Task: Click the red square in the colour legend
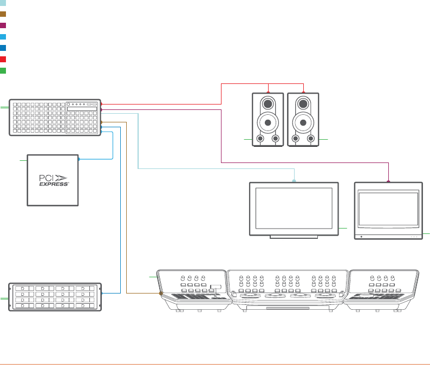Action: tap(3, 58)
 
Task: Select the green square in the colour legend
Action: tap(3, 70)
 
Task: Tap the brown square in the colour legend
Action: tap(3, 14)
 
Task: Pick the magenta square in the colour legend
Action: tap(3, 25)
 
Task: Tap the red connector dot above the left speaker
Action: tap(269, 93)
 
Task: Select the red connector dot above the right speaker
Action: tap(304, 93)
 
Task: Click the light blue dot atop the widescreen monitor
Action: tap(295, 181)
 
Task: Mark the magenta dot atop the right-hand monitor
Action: tap(389, 181)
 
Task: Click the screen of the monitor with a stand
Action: tap(294, 208)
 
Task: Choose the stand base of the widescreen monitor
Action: tap(294, 237)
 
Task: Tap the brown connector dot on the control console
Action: tap(161, 293)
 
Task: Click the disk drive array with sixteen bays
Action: tap(55, 296)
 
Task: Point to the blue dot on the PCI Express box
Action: tap(79, 159)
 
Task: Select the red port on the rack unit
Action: tap(102, 103)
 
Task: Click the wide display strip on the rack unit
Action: tap(82, 109)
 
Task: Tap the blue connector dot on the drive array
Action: tap(102, 293)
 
